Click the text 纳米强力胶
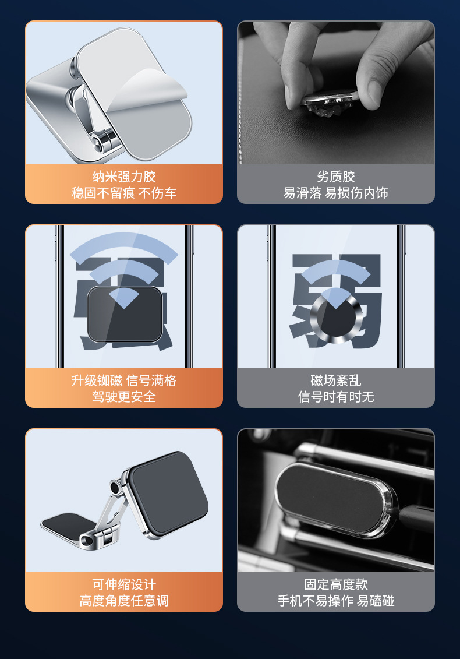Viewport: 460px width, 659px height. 124,177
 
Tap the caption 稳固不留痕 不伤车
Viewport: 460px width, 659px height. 124,193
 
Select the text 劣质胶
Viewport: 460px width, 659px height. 336,177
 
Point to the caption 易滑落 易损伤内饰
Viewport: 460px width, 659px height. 336,193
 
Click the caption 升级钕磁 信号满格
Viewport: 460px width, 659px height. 124,380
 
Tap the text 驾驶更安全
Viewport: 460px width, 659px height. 124,397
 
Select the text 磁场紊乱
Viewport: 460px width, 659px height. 336,380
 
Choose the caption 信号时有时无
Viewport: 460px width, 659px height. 336,397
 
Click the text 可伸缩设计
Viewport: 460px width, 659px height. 124,584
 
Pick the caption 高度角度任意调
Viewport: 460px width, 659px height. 124,601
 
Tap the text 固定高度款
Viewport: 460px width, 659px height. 336,584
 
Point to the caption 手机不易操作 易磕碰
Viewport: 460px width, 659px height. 336,601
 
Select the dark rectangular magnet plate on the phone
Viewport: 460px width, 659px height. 125,315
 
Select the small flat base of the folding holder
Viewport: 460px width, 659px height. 67,520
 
